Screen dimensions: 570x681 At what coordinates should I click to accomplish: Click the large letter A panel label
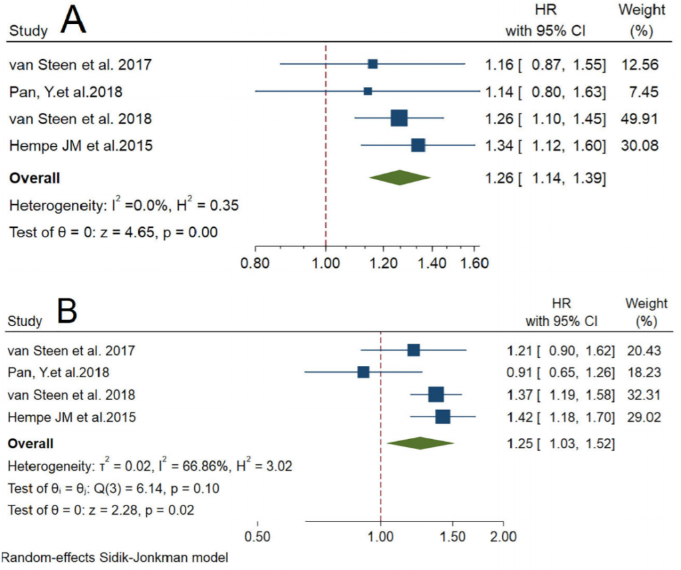(x=74, y=23)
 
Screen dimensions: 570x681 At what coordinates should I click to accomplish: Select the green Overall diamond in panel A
(x=399, y=178)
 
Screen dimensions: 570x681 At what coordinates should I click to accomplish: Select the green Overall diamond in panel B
(x=420, y=443)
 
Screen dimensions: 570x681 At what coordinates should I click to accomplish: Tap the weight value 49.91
(x=641, y=120)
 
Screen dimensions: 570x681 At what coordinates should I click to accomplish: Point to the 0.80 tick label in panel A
(x=254, y=262)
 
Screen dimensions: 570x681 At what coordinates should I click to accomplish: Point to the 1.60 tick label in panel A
(x=474, y=262)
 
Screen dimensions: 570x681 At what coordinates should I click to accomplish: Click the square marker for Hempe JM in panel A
(x=418, y=145)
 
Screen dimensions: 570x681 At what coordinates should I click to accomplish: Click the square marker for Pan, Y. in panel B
(x=363, y=371)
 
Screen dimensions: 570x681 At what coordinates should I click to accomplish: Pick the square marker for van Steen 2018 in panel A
(x=399, y=118)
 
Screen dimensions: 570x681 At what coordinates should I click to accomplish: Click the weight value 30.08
(x=641, y=146)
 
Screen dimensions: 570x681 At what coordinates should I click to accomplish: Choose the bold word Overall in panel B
(x=31, y=443)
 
